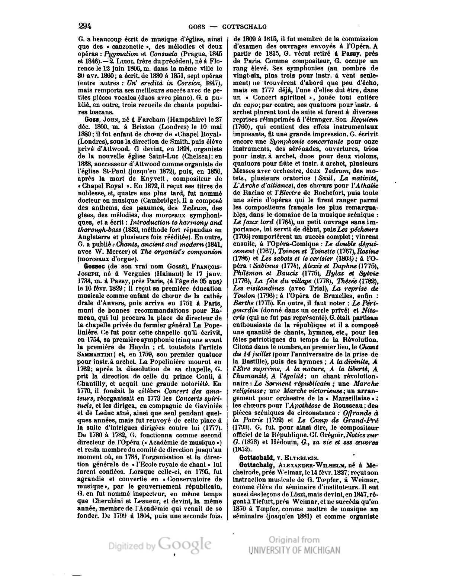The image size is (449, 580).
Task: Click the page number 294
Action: pos(85,26)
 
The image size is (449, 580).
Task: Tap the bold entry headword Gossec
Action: pos(95,267)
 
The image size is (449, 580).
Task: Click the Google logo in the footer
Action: pos(185,543)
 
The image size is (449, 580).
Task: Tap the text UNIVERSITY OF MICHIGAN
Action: pos(294,550)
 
